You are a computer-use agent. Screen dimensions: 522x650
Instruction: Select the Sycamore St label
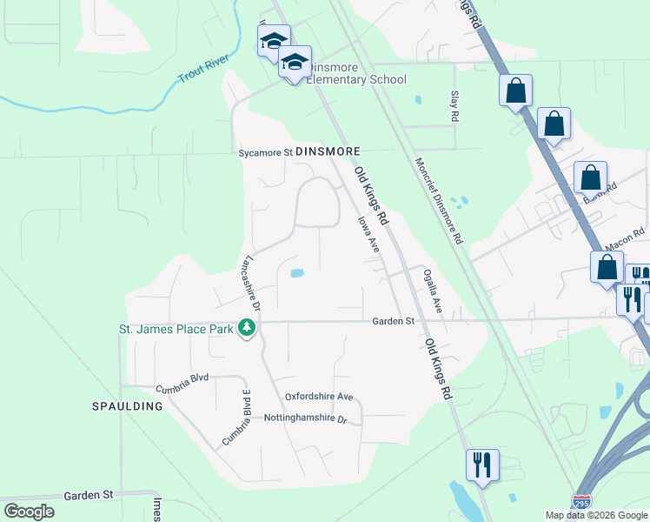coord(266,152)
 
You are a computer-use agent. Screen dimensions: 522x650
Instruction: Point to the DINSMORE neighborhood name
coord(328,151)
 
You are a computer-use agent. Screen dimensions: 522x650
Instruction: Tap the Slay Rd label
coord(454,105)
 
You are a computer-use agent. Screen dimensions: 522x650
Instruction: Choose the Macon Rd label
coord(627,236)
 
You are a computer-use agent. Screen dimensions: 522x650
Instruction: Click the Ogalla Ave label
coord(433,291)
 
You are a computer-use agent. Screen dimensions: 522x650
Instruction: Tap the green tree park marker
coord(248,328)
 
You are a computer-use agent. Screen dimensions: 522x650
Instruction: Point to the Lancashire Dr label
coord(251,282)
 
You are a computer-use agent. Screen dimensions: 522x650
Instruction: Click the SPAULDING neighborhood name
coord(128,406)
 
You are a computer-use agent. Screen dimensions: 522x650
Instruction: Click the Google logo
coord(29,512)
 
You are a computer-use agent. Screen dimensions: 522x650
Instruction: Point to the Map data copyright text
coord(596,515)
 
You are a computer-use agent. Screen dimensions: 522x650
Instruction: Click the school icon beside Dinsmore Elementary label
coord(295,62)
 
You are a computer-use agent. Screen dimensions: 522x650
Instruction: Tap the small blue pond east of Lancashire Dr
coord(297,273)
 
